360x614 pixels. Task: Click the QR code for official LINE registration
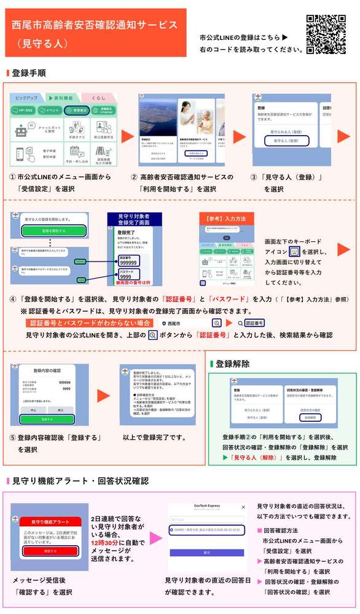326,34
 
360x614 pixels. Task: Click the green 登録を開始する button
53,230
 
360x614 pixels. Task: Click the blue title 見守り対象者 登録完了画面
134,220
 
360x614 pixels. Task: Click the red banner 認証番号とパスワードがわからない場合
90,323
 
